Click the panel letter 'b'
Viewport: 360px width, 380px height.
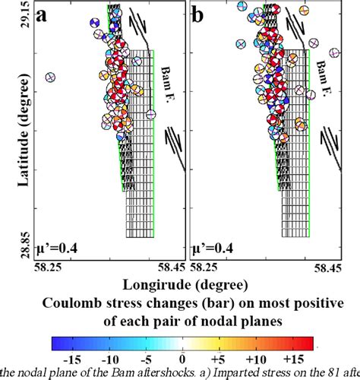(201, 15)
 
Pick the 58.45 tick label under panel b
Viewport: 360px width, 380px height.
(327, 267)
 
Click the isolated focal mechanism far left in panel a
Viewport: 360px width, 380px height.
(51, 78)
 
